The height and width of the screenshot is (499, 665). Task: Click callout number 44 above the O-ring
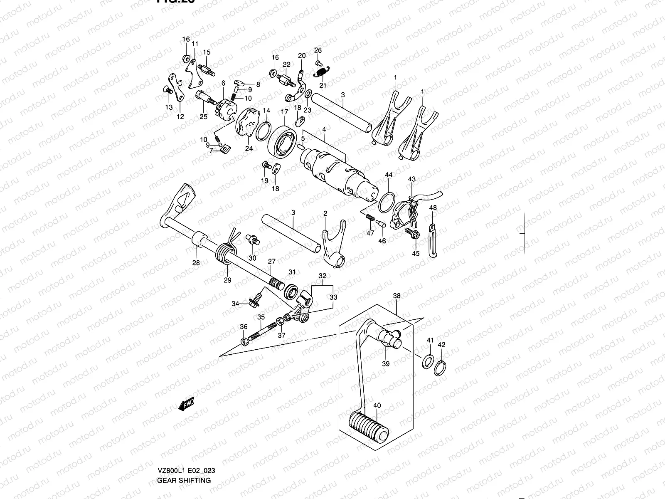pos(388,175)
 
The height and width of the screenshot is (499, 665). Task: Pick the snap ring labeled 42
pos(442,368)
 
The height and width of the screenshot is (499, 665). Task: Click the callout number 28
pos(196,262)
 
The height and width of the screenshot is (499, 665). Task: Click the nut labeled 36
pos(245,341)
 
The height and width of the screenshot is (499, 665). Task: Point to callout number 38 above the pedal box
pos(397,296)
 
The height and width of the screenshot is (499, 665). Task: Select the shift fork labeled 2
pos(333,245)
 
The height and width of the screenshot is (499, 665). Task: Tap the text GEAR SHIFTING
pos(184,480)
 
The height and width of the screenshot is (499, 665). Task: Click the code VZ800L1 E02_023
pos(186,471)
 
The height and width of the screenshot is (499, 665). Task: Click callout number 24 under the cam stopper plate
pos(249,148)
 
